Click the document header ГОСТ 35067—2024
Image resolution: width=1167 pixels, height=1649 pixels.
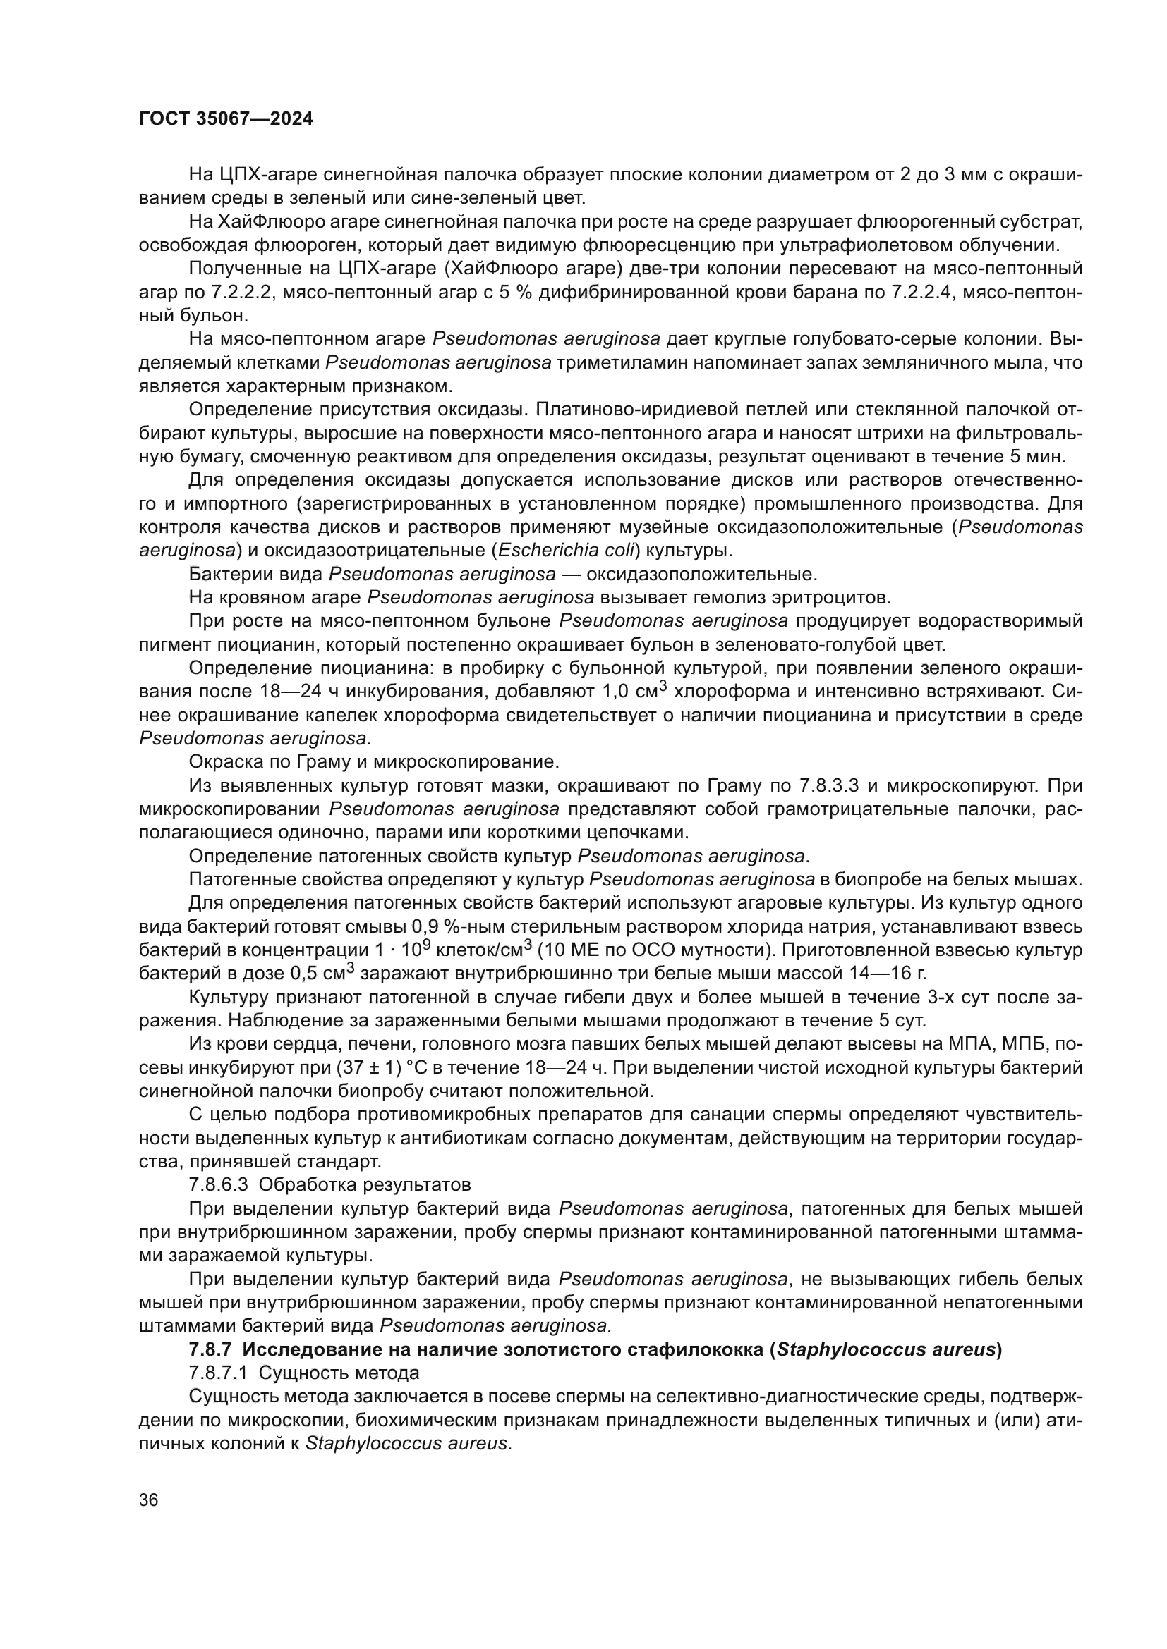point(226,119)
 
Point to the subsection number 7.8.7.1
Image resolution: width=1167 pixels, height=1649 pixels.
point(219,1373)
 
